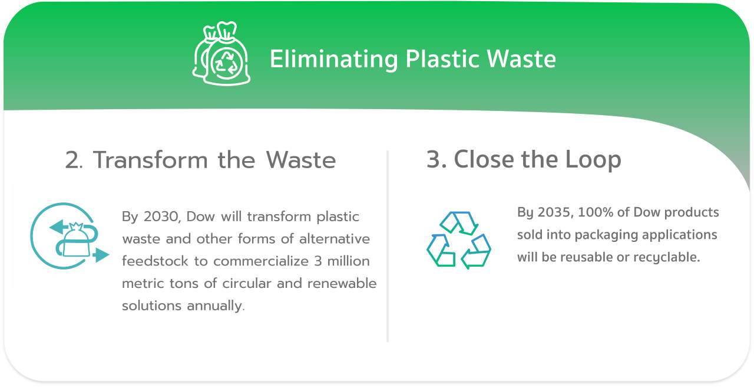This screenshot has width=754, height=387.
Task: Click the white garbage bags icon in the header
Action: click(x=221, y=53)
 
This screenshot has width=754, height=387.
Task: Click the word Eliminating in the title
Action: click(x=334, y=60)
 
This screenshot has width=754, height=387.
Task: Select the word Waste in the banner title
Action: click(x=521, y=59)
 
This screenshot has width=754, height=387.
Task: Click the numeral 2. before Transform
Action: click(x=74, y=160)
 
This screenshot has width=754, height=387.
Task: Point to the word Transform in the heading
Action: click(x=150, y=160)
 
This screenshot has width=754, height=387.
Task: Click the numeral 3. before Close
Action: click(x=436, y=159)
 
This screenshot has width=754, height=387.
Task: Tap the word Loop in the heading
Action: click(x=593, y=160)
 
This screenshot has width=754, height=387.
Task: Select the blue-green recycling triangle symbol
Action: click(x=458, y=240)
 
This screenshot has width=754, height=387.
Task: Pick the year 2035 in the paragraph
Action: click(x=555, y=212)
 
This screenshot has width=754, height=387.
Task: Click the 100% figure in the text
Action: click(x=596, y=212)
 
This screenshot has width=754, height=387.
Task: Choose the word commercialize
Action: click(x=261, y=261)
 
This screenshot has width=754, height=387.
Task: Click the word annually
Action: click(x=216, y=306)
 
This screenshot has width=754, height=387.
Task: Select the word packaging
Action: click(x=606, y=235)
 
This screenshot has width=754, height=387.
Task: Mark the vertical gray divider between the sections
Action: click(x=388, y=247)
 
